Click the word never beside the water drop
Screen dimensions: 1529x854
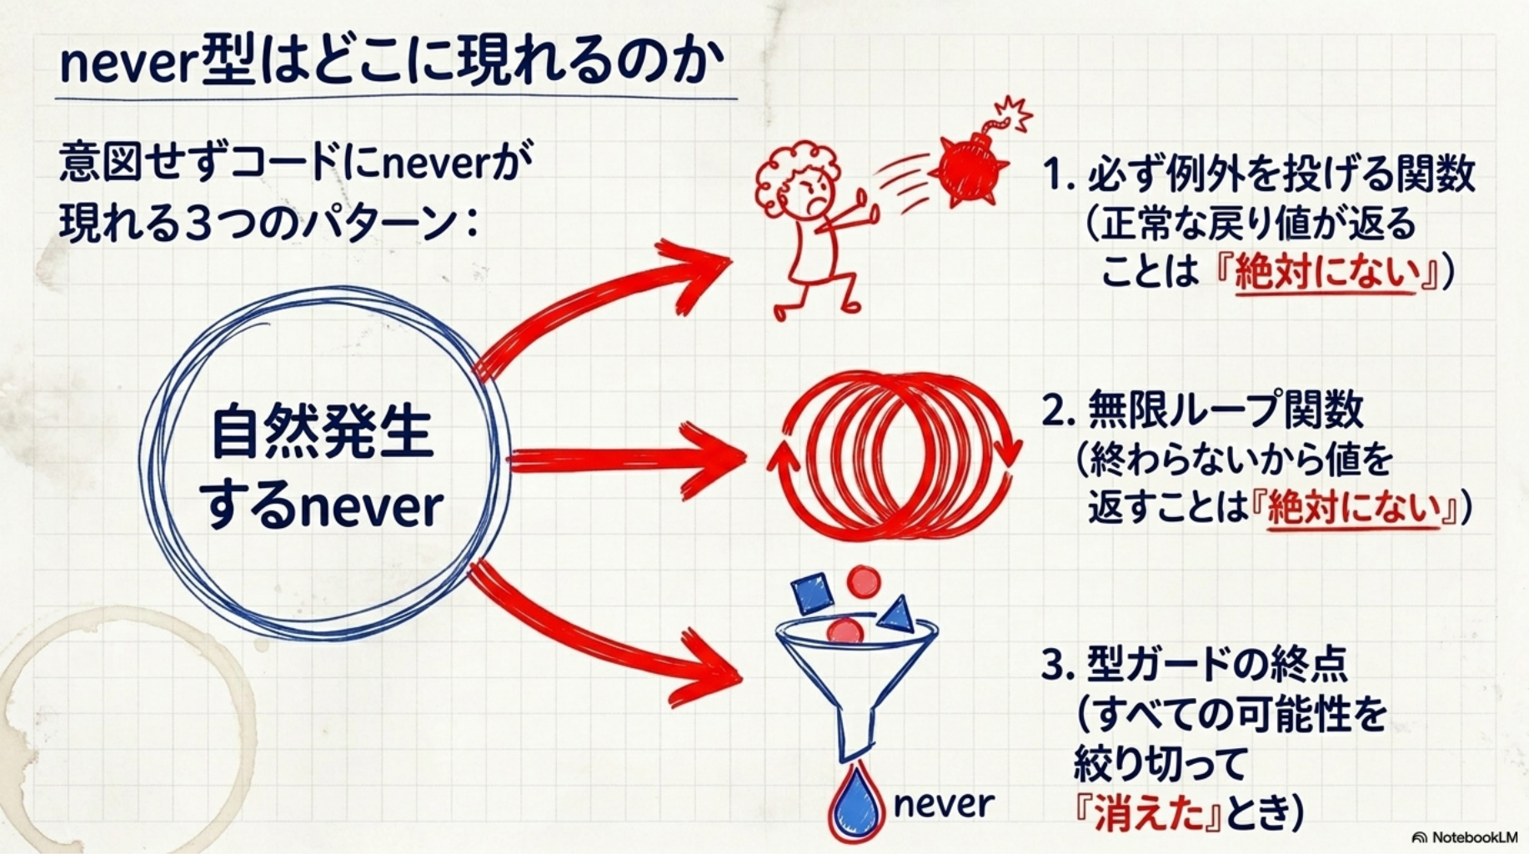click(x=943, y=804)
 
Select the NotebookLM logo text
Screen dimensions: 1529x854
click(x=1465, y=836)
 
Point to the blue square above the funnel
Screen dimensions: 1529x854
click(x=812, y=594)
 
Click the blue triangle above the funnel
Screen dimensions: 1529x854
click(x=897, y=615)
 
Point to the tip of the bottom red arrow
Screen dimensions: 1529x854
click(x=741, y=677)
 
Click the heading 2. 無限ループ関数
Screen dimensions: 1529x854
click(x=1203, y=410)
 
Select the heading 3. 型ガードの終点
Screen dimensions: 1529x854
click(x=1195, y=665)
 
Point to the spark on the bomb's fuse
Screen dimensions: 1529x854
click(x=1015, y=113)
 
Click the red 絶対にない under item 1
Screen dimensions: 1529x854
click(x=1326, y=273)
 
